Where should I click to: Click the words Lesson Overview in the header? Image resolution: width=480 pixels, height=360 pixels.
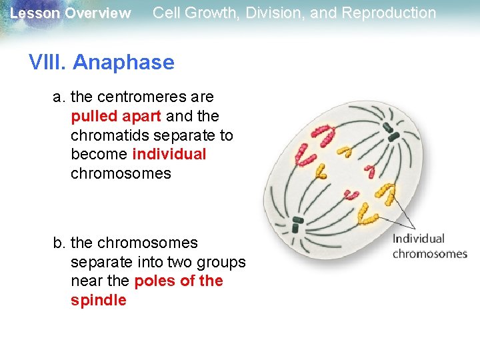[x=70, y=13]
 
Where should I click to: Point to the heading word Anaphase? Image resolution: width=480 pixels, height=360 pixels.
[x=123, y=63]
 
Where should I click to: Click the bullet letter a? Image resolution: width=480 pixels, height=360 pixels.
[x=59, y=97]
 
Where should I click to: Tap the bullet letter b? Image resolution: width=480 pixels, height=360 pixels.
[x=59, y=243]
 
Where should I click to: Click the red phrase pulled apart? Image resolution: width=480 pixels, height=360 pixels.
[x=116, y=116]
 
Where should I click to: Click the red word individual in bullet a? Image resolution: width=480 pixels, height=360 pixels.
[x=169, y=155]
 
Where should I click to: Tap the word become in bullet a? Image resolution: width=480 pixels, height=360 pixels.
[x=99, y=155]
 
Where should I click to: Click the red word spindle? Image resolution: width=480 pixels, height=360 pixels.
[x=99, y=301]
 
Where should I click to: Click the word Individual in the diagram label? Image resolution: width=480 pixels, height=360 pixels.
[x=418, y=239]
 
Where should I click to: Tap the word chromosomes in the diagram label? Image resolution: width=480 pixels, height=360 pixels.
[x=430, y=253]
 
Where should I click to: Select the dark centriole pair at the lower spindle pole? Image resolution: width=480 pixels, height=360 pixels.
[x=297, y=221]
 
